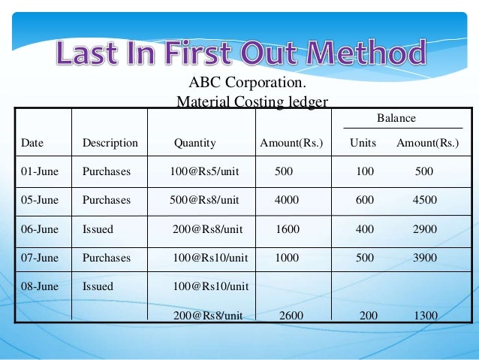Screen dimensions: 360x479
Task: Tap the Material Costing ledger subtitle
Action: click(252, 101)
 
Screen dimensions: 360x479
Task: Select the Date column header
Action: click(32, 143)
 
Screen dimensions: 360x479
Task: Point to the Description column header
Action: click(110, 143)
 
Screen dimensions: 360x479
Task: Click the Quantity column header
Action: click(195, 143)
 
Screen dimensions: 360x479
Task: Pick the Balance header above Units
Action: click(396, 119)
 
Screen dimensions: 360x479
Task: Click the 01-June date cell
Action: click(40, 171)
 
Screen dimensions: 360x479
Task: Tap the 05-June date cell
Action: click(40, 200)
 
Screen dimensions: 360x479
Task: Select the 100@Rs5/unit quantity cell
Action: click(204, 171)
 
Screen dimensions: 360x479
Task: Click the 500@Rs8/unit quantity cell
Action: click(204, 200)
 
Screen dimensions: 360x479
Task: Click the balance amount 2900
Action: click(425, 229)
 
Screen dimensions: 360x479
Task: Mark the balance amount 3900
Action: click(425, 258)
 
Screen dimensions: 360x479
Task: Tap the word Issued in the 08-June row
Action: click(98, 286)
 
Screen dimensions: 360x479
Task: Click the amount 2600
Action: click(291, 316)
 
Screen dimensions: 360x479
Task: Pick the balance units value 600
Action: click(365, 200)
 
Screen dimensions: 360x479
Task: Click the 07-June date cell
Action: click(40, 258)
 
